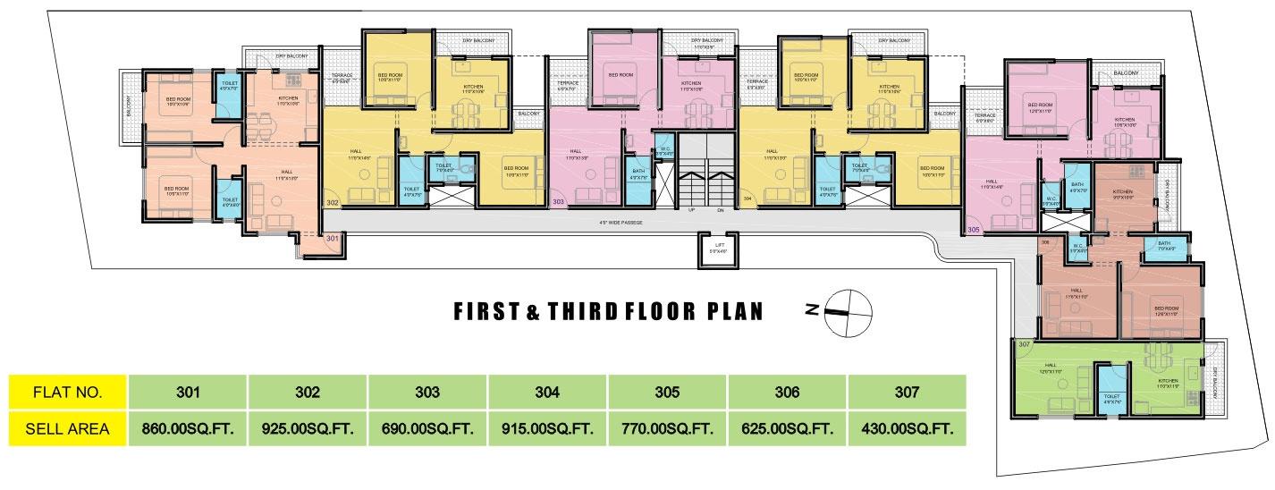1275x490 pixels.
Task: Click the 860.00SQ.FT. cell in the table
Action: click(x=188, y=429)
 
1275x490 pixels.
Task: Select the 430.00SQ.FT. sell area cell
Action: click(x=907, y=429)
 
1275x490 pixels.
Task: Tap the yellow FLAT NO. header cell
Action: click(x=67, y=392)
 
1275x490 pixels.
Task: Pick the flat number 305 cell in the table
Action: click(x=667, y=392)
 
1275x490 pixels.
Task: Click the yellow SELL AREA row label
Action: click(x=67, y=429)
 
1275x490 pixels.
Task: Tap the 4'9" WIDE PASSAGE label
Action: click(x=621, y=222)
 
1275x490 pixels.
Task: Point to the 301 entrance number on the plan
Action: click(x=333, y=239)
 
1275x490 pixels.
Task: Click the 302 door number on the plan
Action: click(x=332, y=204)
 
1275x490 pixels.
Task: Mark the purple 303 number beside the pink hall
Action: click(x=558, y=203)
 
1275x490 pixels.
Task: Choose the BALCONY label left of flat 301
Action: click(x=130, y=107)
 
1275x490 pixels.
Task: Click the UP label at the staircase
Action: click(x=691, y=211)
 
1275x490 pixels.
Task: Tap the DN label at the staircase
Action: click(x=720, y=211)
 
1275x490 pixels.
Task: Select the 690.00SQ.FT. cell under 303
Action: click(x=427, y=429)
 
